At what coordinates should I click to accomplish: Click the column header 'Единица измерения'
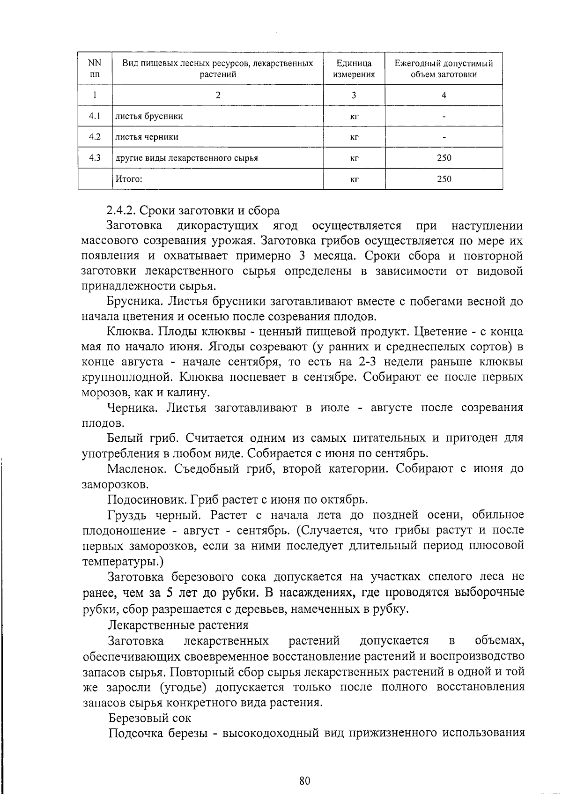[x=354, y=68]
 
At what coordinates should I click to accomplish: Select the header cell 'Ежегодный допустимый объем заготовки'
[x=444, y=68]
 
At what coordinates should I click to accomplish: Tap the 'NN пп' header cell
[x=95, y=68]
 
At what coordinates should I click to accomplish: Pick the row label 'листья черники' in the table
[x=147, y=137]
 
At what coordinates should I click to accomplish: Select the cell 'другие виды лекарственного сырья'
[x=187, y=158]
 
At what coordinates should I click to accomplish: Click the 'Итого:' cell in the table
[x=129, y=178]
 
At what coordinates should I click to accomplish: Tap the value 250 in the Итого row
[x=444, y=179]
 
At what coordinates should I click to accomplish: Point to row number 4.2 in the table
[x=95, y=137]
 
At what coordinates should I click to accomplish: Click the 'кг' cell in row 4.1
[x=354, y=117]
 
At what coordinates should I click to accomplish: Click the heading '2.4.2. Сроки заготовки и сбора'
[x=193, y=211]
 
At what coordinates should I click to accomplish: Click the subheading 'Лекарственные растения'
[x=178, y=625]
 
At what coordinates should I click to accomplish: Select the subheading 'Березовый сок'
[x=149, y=718]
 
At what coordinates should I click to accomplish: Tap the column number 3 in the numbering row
[x=354, y=95]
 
